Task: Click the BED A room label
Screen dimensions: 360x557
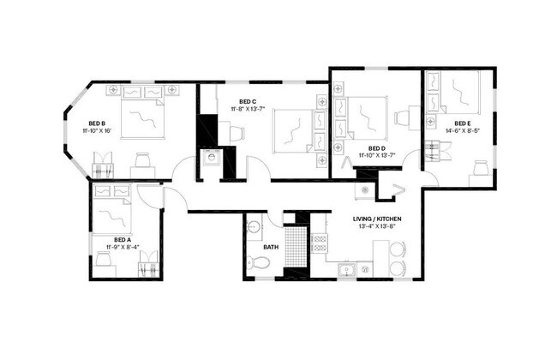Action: [123, 239]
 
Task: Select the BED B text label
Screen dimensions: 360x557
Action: [96, 123]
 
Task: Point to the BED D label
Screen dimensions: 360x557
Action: [377, 147]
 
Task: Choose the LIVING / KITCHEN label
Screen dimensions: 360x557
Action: [377, 219]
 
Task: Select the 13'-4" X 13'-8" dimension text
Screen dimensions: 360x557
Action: [377, 227]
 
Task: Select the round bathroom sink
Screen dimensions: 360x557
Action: [252, 228]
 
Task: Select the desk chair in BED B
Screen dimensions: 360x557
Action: [143, 159]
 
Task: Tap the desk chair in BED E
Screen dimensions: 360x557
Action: [479, 169]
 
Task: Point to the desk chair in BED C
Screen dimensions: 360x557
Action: [236, 132]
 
